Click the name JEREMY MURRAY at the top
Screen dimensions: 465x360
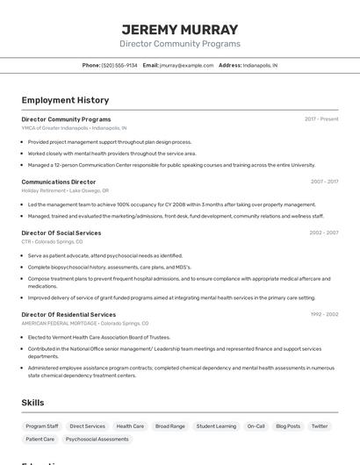pos(179,29)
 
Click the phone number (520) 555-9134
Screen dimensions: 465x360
pos(119,65)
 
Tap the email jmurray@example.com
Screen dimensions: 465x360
pos(186,65)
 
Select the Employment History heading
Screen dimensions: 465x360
pos(65,100)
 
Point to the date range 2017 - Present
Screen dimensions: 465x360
pos(321,118)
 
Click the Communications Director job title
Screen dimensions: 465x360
pos(59,182)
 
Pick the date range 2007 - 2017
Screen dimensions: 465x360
pos(324,182)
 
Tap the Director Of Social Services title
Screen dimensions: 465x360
pos(61,232)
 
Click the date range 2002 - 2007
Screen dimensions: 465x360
pos(324,232)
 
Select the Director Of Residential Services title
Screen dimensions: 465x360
pos(68,314)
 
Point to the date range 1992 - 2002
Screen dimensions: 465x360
pos(324,314)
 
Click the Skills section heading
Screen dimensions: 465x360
pos(33,403)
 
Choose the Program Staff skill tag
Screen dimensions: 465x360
pos(42,426)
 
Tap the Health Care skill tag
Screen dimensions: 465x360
pos(130,426)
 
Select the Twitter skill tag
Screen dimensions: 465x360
pos(320,426)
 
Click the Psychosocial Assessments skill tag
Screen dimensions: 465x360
pos(97,439)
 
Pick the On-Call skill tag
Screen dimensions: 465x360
pos(256,426)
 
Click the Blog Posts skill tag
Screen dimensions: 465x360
pos(288,426)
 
